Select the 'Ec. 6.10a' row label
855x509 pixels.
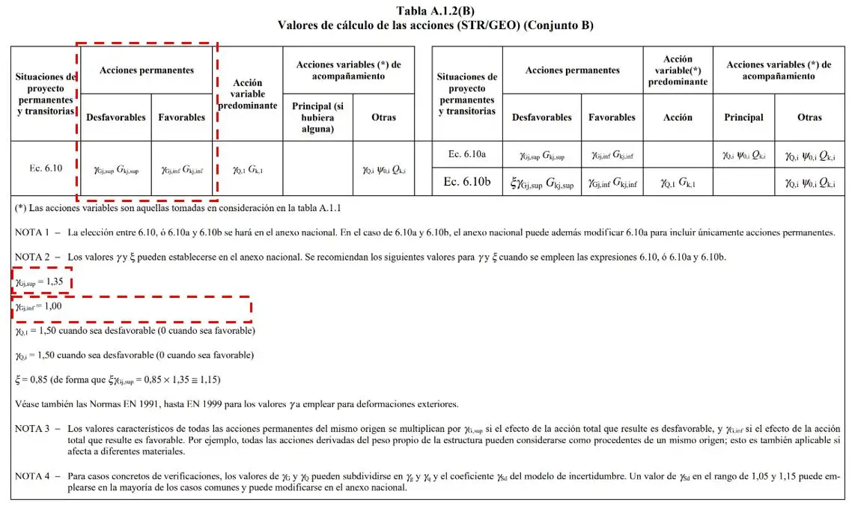pos(467,154)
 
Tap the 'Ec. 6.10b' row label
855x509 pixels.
pos(467,182)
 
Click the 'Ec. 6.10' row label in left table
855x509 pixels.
pos(46,168)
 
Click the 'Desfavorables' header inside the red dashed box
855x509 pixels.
pos(116,117)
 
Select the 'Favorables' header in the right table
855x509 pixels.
pos(612,118)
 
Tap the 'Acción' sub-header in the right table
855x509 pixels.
pos(678,118)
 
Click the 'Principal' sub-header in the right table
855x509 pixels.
pos(743,118)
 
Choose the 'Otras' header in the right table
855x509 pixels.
pos(809,118)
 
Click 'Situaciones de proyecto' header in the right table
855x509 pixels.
pos(467,94)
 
